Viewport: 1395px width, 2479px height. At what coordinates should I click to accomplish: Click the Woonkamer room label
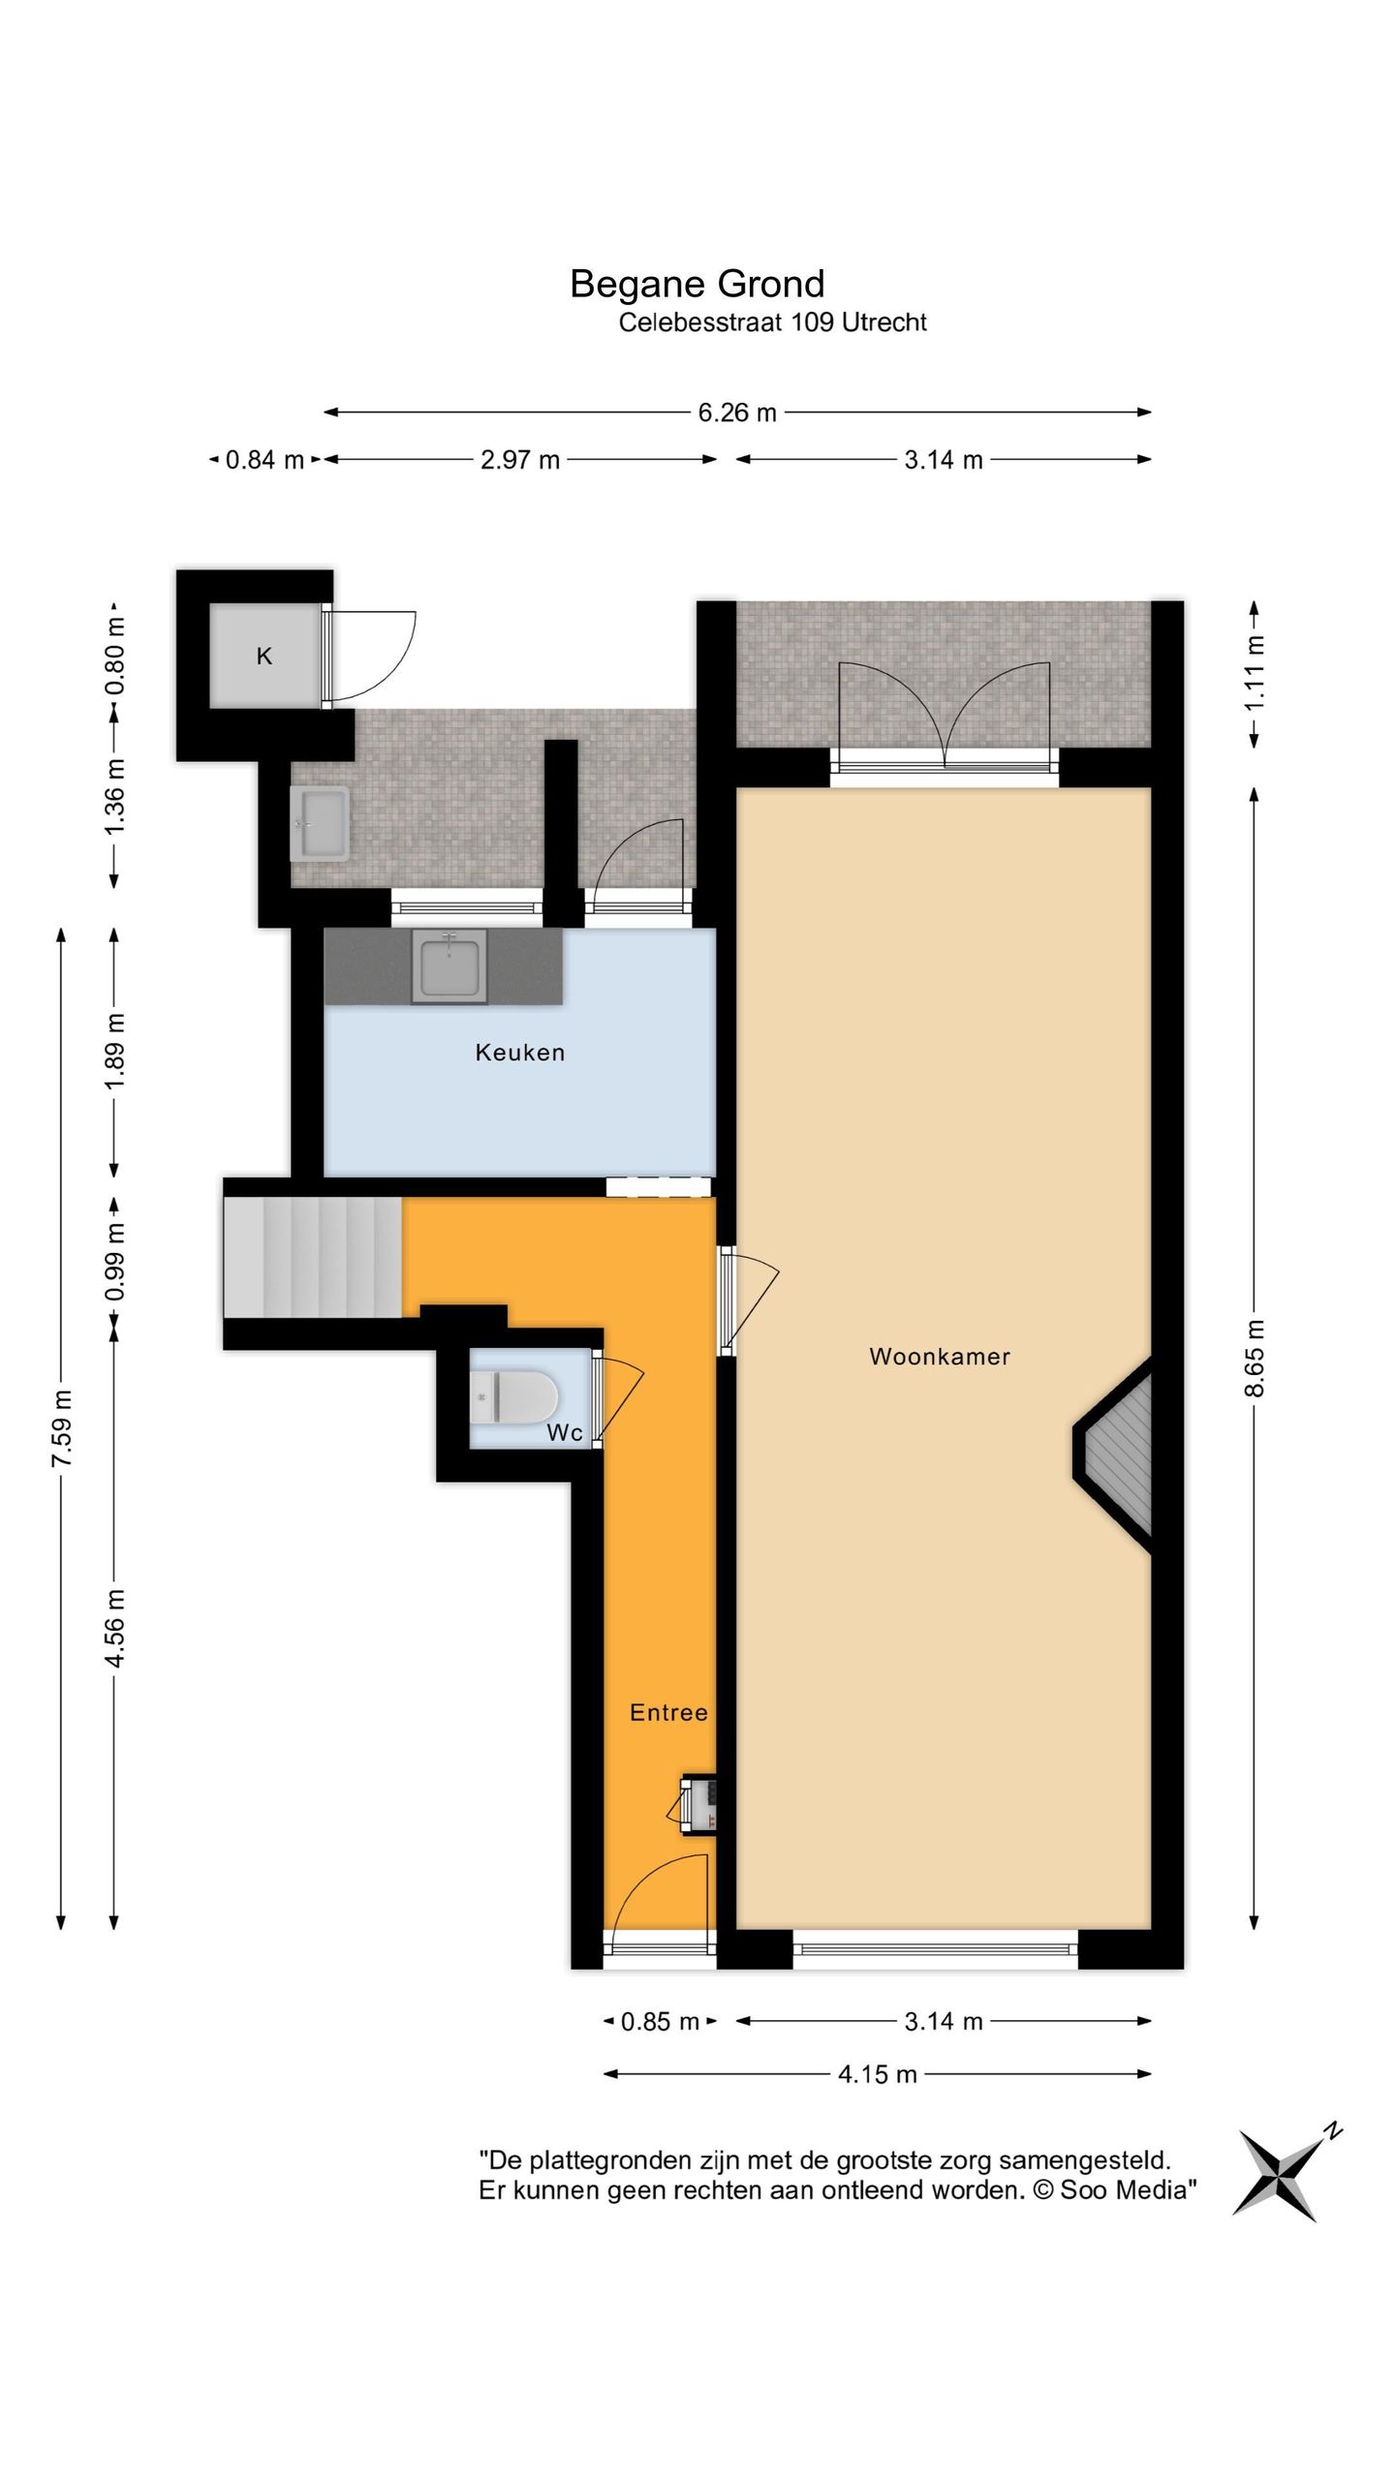tap(939, 1356)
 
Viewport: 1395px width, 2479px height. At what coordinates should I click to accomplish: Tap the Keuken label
tap(519, 1052)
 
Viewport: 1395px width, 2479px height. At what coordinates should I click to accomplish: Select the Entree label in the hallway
tap(668, 1712)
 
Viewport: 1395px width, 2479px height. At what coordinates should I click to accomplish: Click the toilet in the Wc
tap(514, 1397)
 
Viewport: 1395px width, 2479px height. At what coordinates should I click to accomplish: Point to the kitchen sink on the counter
tap(449, 966)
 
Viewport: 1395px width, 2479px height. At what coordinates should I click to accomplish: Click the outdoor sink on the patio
tap(320, 823)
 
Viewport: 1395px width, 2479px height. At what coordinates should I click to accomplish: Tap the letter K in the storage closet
tap(264, 656)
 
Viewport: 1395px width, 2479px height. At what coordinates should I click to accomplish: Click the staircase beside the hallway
tap(313, 1258)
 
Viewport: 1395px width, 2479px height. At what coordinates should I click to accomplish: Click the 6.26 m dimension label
tap(737, 413)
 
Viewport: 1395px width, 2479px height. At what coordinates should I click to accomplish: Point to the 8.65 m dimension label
tap(1255, 1358)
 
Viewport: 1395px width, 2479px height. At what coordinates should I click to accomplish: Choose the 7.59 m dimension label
tap(62, 1427)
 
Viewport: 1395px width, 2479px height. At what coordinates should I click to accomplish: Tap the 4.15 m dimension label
tap(878, 2074)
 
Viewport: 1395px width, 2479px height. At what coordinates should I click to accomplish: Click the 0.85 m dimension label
tap(660, 2022)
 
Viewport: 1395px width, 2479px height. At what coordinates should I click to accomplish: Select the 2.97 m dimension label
tap(520, 460)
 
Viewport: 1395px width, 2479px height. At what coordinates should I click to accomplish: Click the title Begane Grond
tap(697, 284)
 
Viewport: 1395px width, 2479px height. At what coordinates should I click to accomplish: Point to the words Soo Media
tap(1124, 2190)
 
